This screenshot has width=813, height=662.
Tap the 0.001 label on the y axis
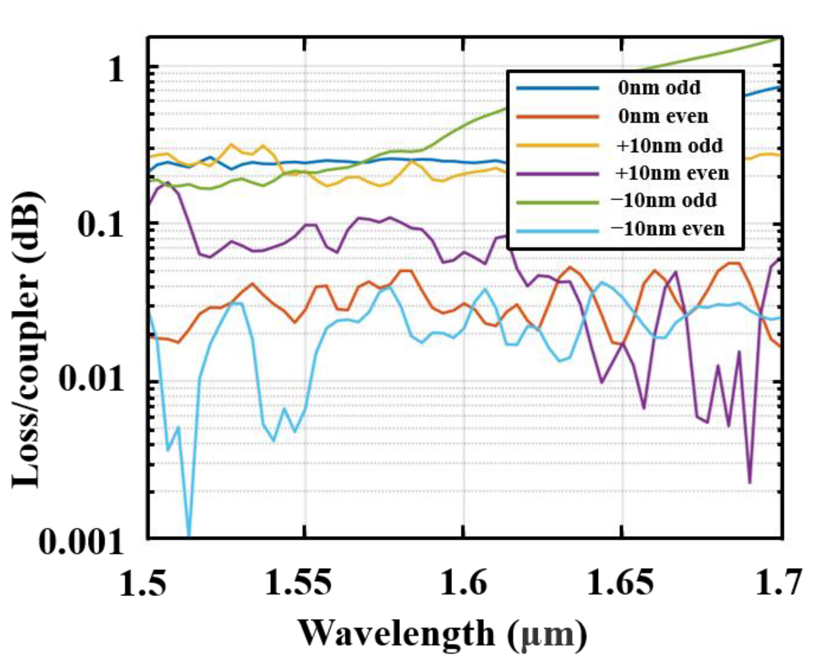click(x=81, y=541)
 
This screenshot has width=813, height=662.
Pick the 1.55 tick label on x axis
click(x=298, y=583)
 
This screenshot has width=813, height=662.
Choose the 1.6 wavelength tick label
click(x=463, y=583)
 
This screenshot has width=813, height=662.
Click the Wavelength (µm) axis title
click(x=443, y=633)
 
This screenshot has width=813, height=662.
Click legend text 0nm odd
click(x=659, y=87)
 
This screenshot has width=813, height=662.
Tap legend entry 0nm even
click(x=663, y=116)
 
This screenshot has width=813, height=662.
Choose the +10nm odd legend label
click(x=669, y=145)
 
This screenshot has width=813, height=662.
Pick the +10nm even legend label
click(x=672, y=173)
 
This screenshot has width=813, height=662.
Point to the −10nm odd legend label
click(x=664, y=200)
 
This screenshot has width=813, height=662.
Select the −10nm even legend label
click(x=668, y=229)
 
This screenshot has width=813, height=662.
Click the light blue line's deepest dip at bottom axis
click(x=189, y=536)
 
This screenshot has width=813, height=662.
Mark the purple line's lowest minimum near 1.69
click(x=750, y=482)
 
